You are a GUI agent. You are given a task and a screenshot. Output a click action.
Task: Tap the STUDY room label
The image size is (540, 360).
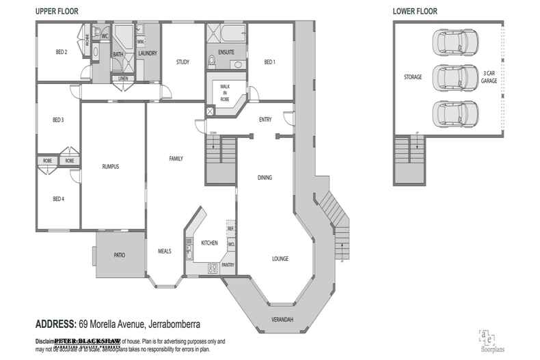pyautogui.click(x=182, y=62)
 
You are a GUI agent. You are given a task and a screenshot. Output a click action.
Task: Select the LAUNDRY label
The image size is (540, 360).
pyautogui.click(x=148, y=53)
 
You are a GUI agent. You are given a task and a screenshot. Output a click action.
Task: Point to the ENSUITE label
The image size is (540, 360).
pyautogui.click(x=226, y=52)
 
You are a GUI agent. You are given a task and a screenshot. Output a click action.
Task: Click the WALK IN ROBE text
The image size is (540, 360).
pyautogui.click(x=224, y=92)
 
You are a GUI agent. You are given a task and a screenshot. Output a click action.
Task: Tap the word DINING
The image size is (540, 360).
pyautogui.click(x=265, y=178)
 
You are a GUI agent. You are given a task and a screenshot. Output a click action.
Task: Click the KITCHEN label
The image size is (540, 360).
pyautogui.click(x=208, y=243)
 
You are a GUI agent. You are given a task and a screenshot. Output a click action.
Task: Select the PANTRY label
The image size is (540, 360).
pyautogui.click(x=228, y=264)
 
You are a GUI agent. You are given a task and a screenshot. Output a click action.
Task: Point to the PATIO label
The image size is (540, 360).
pyautogui.click(x=118, y=255)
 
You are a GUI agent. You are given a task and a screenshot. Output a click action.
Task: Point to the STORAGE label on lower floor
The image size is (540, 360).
pyautogui.click(x=413, y=77)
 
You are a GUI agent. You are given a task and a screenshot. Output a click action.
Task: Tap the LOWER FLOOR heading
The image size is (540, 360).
pyautogui.click(x=415, y=11)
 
